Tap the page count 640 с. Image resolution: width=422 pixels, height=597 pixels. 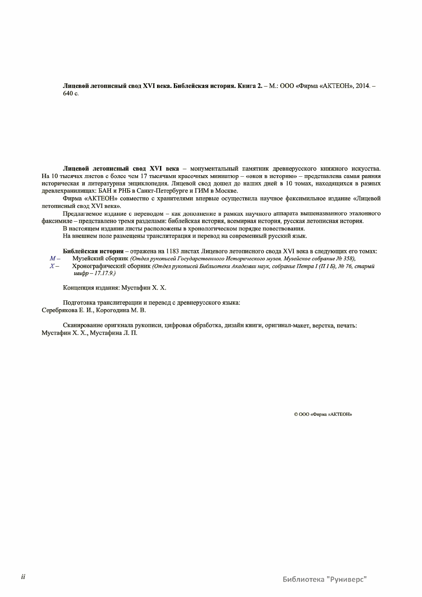click(x=71, y=94)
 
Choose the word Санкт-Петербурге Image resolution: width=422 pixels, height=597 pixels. click(x=160, y=191)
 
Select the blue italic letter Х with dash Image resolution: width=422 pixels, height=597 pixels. click(x=54, y=266)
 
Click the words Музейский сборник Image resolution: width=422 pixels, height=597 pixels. click(x=100, y=259)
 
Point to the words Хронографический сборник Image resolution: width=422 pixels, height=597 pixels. click(x=111, y=266)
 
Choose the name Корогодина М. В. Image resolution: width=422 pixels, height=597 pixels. click(x=121, y=310)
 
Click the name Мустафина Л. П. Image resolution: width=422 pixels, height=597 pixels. click(x=114, y=333)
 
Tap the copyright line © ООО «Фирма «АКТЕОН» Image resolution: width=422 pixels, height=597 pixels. click(x=323, y=414)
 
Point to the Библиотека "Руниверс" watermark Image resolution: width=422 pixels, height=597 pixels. click(x=325, y=579)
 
